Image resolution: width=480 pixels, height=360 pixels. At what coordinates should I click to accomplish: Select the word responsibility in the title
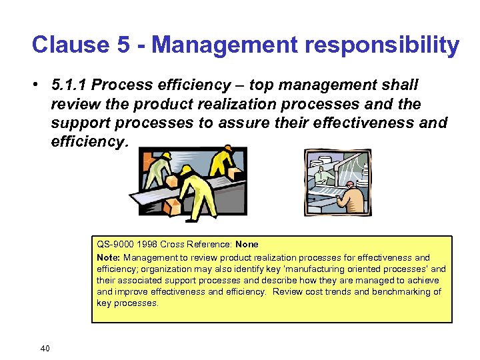pos(373,45)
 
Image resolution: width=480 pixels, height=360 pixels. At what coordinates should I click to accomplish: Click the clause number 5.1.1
pos(69,85)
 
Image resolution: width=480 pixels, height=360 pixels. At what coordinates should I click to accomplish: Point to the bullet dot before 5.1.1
pos(42,85)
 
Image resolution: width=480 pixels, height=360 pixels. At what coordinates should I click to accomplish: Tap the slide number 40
pos(45,348)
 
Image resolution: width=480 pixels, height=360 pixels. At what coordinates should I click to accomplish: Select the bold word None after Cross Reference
pos(247,245)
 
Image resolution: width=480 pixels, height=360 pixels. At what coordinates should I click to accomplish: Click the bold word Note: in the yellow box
pos(109,257)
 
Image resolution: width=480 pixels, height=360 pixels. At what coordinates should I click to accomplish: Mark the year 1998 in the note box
pos(147,245)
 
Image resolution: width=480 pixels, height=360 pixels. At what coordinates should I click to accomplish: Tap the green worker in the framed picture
pos(323,175)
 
